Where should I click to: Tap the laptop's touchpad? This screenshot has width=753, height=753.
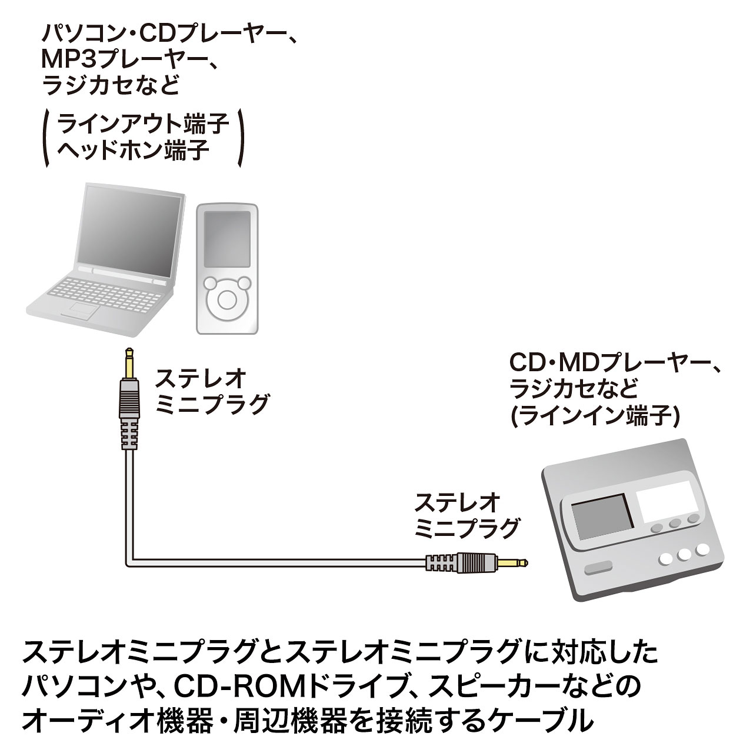(82, 309)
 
